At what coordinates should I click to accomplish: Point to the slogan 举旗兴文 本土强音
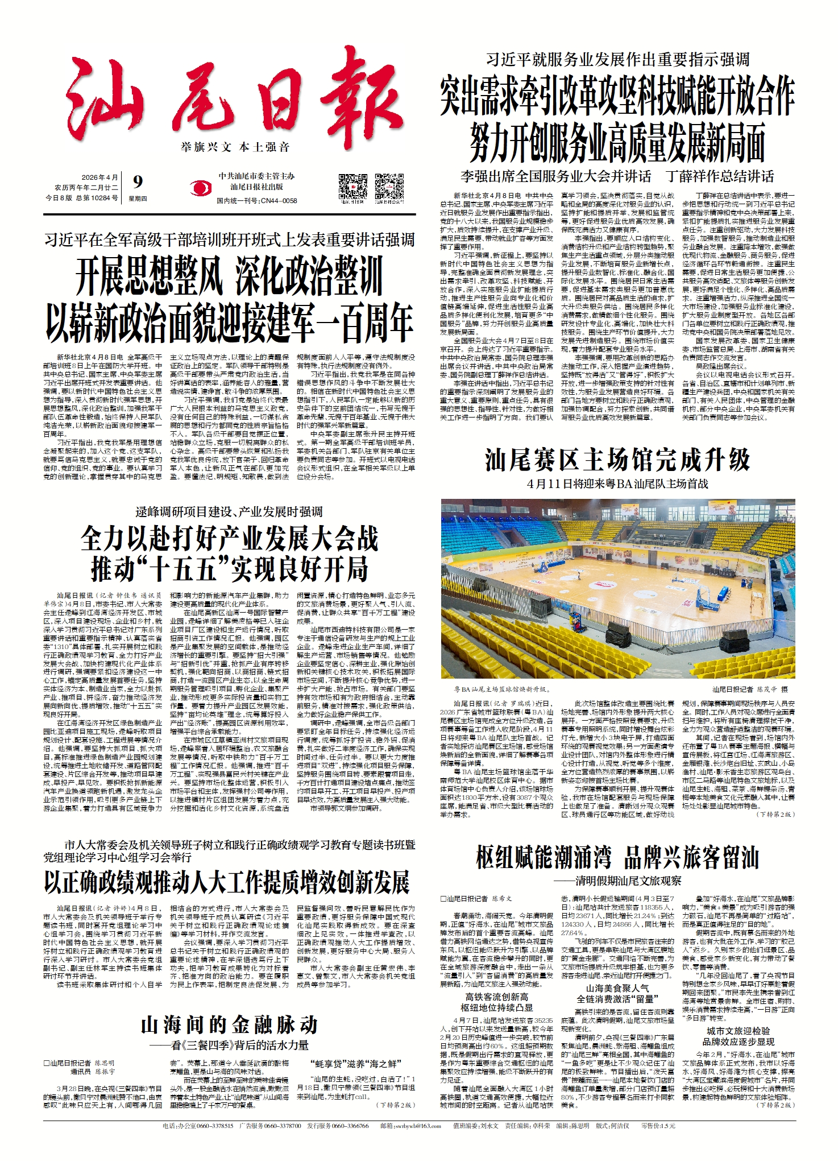tap(235, 147)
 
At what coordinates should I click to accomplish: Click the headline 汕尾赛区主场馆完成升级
tap(617, 459)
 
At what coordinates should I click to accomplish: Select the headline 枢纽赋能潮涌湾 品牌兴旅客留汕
tap(617, 857)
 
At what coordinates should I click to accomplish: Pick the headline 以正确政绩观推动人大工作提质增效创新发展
tap(226, 882)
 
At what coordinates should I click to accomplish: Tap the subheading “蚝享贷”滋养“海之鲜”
tap(356, 1064)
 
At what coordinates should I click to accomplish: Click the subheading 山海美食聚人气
tap(617, 989)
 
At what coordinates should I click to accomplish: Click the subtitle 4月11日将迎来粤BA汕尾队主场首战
tap(617, 484)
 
